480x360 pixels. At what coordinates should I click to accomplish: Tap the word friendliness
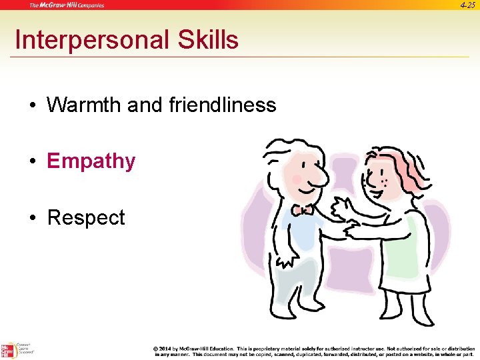point(223,105)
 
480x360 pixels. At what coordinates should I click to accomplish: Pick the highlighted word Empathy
point(91,161)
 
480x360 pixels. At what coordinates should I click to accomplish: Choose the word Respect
point(86,218)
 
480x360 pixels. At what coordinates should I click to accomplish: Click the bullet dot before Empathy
point(32,162)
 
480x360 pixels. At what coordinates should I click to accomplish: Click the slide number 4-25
point(467,5)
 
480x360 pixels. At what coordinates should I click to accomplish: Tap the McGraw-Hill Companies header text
point(66,5)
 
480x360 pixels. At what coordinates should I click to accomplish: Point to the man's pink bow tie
point(303,209)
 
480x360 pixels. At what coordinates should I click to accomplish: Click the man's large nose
point(317,176)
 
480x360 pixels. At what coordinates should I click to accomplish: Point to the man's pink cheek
point(296,179)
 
